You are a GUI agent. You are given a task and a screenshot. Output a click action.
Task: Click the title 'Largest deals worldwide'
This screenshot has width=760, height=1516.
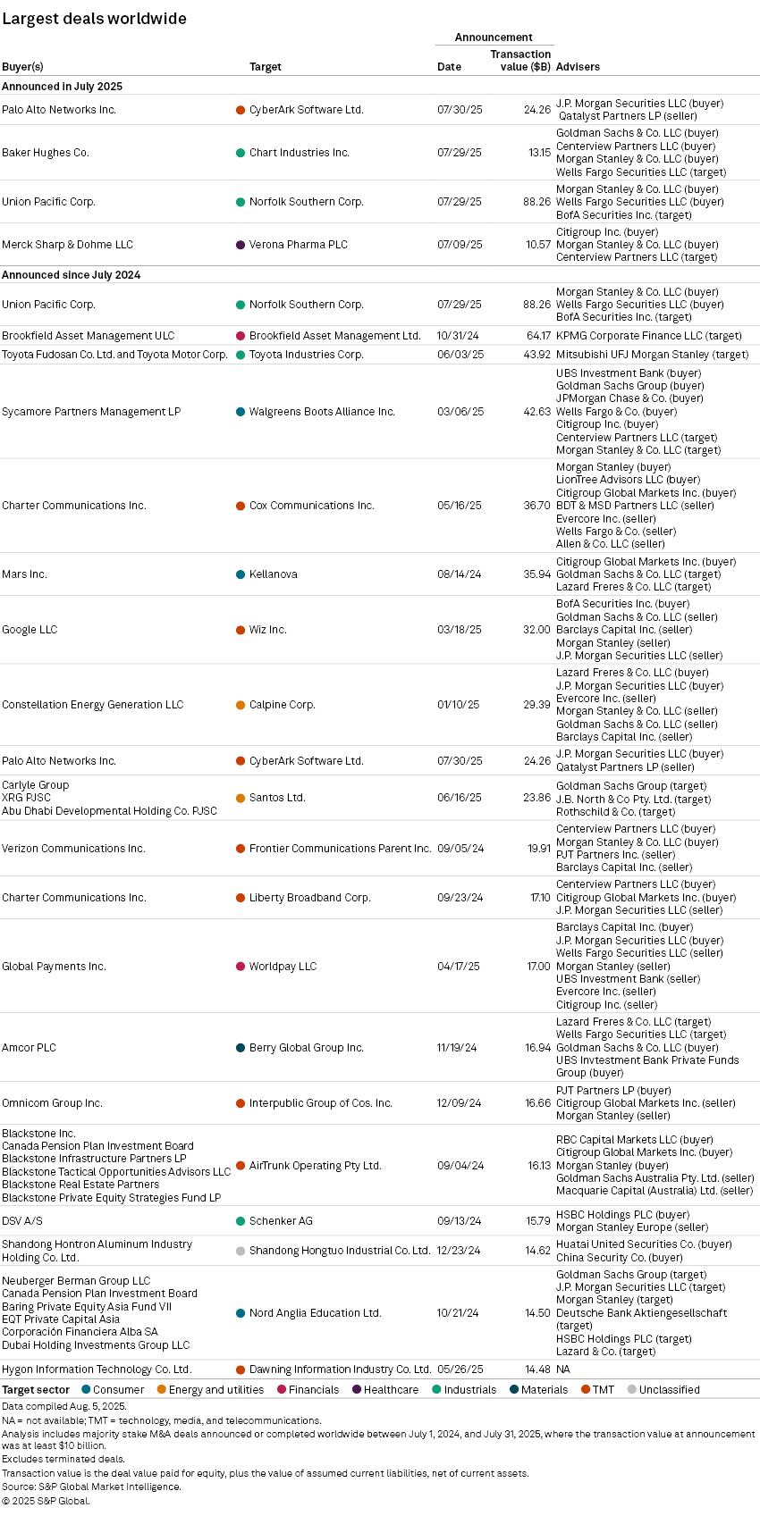(x=94, y=19)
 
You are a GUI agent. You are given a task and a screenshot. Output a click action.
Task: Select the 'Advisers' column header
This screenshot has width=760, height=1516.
(x=578, y=67)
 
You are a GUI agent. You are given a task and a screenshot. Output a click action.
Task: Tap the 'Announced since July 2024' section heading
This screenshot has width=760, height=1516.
(x=71, y=275)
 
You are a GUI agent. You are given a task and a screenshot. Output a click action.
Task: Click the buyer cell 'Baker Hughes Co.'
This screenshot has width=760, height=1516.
(x=46, y=153)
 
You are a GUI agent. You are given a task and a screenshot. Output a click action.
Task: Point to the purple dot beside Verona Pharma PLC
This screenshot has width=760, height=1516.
(x=241, y=245)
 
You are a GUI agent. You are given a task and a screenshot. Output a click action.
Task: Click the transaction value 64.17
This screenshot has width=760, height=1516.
(x=538, y=336)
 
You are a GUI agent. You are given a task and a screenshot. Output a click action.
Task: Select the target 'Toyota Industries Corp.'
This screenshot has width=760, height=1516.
(x=306, y=355)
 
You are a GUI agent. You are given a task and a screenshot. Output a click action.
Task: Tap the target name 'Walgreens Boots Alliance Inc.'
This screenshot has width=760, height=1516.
(x=322, y=412)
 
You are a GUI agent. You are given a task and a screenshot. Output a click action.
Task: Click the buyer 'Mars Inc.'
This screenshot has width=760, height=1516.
(x=24, y=574)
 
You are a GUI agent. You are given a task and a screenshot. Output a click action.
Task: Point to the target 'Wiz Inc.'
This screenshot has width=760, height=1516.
(x=267, y=630)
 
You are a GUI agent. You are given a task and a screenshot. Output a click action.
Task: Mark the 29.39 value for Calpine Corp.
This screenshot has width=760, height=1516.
(x=536, y=705)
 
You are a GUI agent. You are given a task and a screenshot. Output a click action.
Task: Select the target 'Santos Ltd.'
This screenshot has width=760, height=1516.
(x=277, y=798)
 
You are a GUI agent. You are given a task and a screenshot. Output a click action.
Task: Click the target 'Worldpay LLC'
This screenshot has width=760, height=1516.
(x=283, y=967)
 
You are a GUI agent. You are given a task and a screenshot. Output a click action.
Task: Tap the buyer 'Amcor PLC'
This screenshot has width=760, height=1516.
(x=29, y=1048)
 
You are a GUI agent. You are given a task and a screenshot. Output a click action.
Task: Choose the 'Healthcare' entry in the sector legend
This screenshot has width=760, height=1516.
(x=391, y=1390)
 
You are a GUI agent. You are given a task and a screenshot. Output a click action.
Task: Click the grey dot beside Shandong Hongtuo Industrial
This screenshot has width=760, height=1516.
(x=241, y=1251)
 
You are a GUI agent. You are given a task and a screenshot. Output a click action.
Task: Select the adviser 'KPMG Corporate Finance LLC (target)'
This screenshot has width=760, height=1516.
(x=648, y=336)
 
